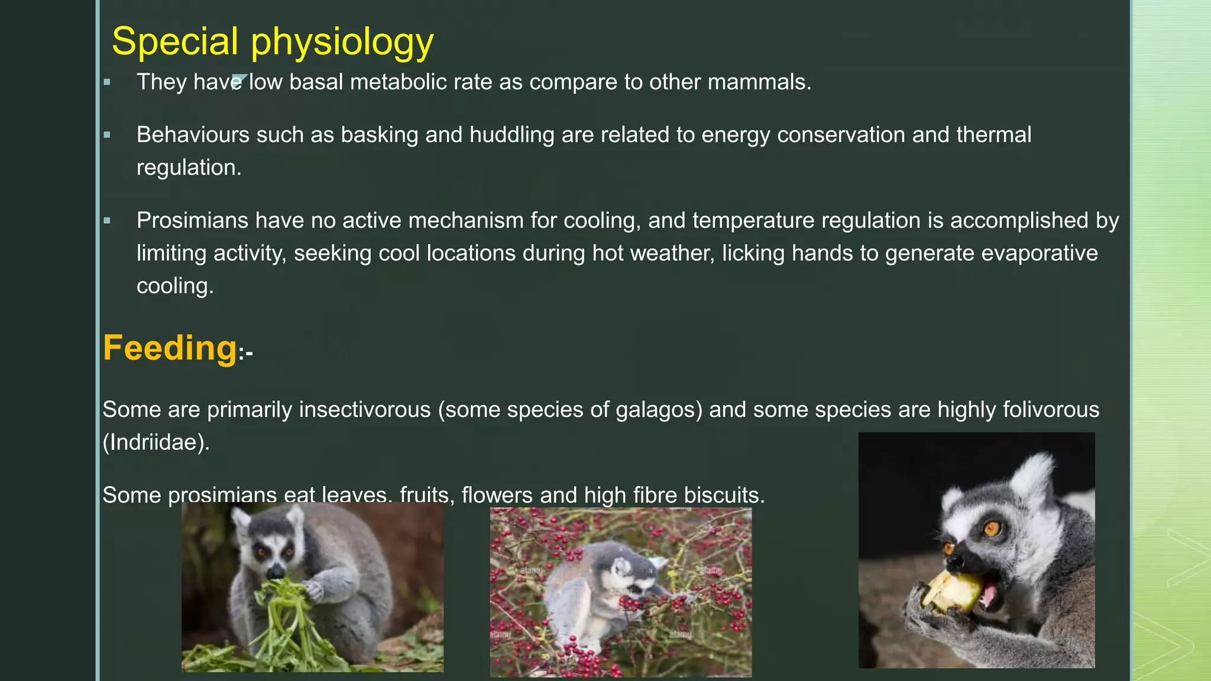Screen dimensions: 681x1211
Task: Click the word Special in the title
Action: pyautogui.click(x=175, y=41)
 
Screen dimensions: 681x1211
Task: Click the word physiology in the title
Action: pyautogui.click(x=342, y=43)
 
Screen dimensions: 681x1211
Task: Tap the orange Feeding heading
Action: pyautogui.click(x=170, y=348)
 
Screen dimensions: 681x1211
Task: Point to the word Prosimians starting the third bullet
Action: pyautogui.click(x=192, y=220)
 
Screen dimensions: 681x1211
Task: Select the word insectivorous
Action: pyautogui.click(x=365, y=410)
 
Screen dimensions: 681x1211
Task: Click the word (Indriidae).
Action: pyautogui.click(x=156, y=442)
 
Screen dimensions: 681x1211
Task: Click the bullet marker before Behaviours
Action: pyautogui.click(x=107, y=135)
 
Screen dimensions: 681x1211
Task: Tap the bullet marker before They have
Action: pyautogui.click(x=107, y=82)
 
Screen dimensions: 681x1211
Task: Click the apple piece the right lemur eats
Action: pyautogui.click(x=953, y=591)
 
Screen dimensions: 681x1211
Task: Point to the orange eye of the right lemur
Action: pyautogui.click(x=991, y=528)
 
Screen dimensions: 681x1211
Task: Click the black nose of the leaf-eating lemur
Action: pyautogui.click(x=276, y=573)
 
